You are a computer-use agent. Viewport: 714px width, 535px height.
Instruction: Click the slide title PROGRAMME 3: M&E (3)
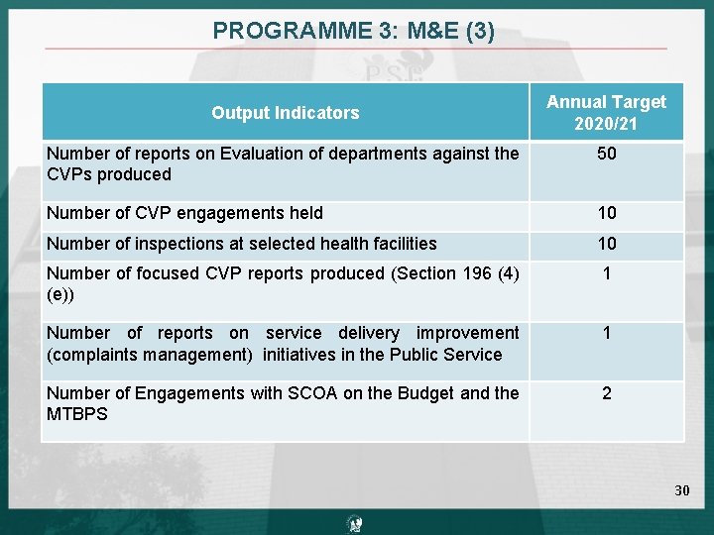point(353,31)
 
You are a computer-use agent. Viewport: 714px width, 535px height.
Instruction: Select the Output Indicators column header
point(285,113)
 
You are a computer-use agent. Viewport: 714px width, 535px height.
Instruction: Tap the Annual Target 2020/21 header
point(606,113)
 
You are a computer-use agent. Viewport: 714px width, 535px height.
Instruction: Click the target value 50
point(606,154)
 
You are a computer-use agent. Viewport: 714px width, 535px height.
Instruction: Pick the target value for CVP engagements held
point(606,213)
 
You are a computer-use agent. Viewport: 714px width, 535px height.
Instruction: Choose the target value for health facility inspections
point(606,244)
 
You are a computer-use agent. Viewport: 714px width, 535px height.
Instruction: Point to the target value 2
point(606,393)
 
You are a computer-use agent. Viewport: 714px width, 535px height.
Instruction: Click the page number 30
point(682,490)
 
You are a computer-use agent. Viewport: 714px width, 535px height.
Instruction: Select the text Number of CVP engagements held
point(184,213)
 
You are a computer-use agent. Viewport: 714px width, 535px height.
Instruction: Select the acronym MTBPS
point(77,414)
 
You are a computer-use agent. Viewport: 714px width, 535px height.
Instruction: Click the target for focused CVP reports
point(606,273)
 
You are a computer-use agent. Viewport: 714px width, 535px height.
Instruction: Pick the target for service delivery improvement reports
point(606,333)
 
